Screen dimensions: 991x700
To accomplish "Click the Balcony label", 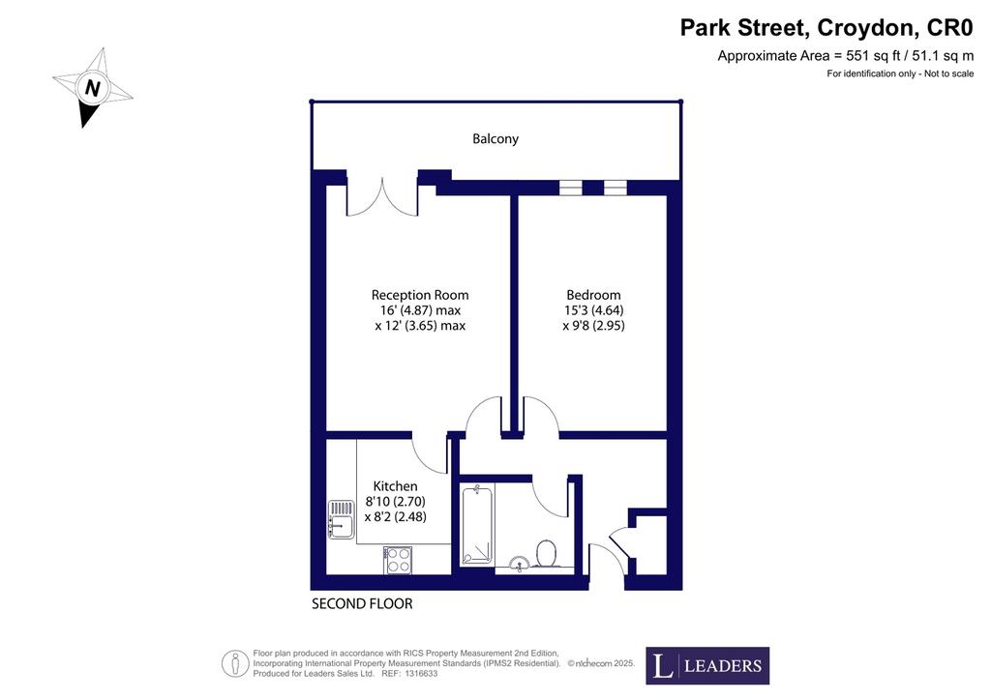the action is point(495,139).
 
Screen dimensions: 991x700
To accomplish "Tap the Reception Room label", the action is point(420,295).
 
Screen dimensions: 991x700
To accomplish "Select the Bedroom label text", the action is point(593,295).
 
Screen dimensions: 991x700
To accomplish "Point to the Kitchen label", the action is point(395,486).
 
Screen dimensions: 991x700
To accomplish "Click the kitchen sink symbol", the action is point(342,519).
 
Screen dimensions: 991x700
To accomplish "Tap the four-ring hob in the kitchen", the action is point(398,560).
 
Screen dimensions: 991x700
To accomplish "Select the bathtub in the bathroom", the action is point(476,525).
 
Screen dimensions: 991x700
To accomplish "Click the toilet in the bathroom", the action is point(546,554).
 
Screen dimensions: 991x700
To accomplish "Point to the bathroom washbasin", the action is point(519,563).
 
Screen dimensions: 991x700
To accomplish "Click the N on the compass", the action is point(92,88).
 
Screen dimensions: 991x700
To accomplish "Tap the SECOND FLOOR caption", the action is point(362,604).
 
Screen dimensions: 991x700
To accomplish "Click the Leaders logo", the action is point(707,665).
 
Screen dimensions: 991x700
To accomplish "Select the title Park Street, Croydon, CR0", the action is point(826,28).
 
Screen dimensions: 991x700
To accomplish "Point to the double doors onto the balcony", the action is point(382,197).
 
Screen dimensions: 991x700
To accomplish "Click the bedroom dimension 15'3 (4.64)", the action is point(593,310).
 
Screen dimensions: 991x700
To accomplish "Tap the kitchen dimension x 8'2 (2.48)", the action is point(396,517).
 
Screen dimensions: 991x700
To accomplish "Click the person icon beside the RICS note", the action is point(234,663).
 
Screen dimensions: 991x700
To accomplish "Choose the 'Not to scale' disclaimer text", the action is point(948,73).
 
